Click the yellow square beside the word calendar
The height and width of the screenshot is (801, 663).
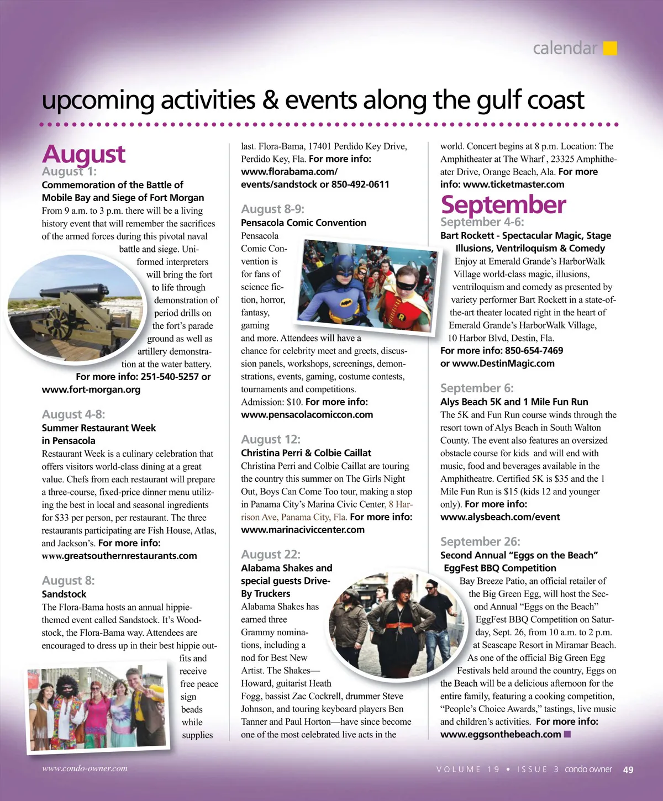(x=609, y=49)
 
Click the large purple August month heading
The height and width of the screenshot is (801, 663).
(x=83, y=154)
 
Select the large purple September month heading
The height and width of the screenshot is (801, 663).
(x=503, y=204)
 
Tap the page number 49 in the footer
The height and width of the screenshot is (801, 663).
(x=628, y=770)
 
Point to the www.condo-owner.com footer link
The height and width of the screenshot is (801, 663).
(x=85, y=768)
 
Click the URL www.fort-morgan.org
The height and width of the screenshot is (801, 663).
(x=91, y=389)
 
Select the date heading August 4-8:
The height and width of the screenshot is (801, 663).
(x=73, y=414)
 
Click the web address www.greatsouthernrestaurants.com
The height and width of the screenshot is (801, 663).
(x=119, y=556)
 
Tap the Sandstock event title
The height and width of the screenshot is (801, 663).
(x=64, y=594)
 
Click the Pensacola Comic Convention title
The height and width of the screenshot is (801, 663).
(x=303, y=223)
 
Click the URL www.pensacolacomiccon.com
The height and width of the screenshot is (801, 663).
(x=307, y=415)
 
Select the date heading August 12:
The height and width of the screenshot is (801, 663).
(x=271, y=439)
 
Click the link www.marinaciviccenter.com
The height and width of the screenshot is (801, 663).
(x=303, y=530)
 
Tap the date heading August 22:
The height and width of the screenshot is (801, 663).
(x=271, y=555)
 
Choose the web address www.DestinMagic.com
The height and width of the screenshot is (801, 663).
(x=503, y=363)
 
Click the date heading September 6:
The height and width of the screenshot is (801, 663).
(x=477, y=388)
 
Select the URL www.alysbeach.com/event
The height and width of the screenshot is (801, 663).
(x=500, y=517)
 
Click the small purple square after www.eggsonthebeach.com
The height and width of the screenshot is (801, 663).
(x=567, y=734)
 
